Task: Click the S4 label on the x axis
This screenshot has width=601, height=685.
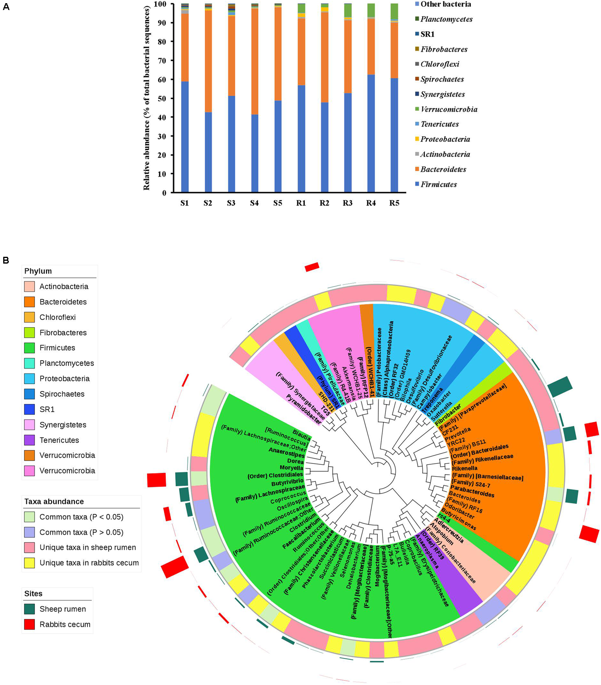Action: (254, 203)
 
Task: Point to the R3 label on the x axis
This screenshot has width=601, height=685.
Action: (347, 203)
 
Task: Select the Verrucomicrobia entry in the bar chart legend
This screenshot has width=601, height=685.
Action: (449, 109)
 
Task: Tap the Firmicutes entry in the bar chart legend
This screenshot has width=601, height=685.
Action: (438, 184)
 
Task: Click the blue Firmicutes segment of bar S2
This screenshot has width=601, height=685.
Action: (208, 152)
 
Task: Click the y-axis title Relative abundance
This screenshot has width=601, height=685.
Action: (147, 98)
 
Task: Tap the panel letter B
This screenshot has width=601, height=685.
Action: (6, 260)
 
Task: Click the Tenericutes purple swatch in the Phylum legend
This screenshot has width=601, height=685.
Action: (29, 440)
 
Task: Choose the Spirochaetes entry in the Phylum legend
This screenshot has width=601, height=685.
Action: (62, 394)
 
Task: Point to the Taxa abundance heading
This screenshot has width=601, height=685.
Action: (54, 502)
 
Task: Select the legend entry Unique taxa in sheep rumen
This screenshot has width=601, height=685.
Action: (87, 548)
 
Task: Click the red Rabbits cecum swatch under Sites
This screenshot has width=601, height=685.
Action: (29, 625)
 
